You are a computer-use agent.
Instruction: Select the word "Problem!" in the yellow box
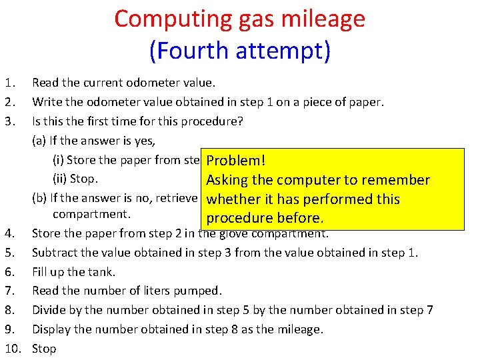(x=236, y=161)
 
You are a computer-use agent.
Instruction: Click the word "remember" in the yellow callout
(x=393, y=180)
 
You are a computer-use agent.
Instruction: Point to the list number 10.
(x=11, y=349)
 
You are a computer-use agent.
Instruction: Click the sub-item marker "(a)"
(x=39, y=141)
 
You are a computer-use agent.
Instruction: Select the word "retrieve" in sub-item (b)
(x=176, y=198)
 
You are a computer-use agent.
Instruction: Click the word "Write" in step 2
(x=46, y=102)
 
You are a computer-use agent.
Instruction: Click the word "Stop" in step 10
(x=44, y=349)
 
